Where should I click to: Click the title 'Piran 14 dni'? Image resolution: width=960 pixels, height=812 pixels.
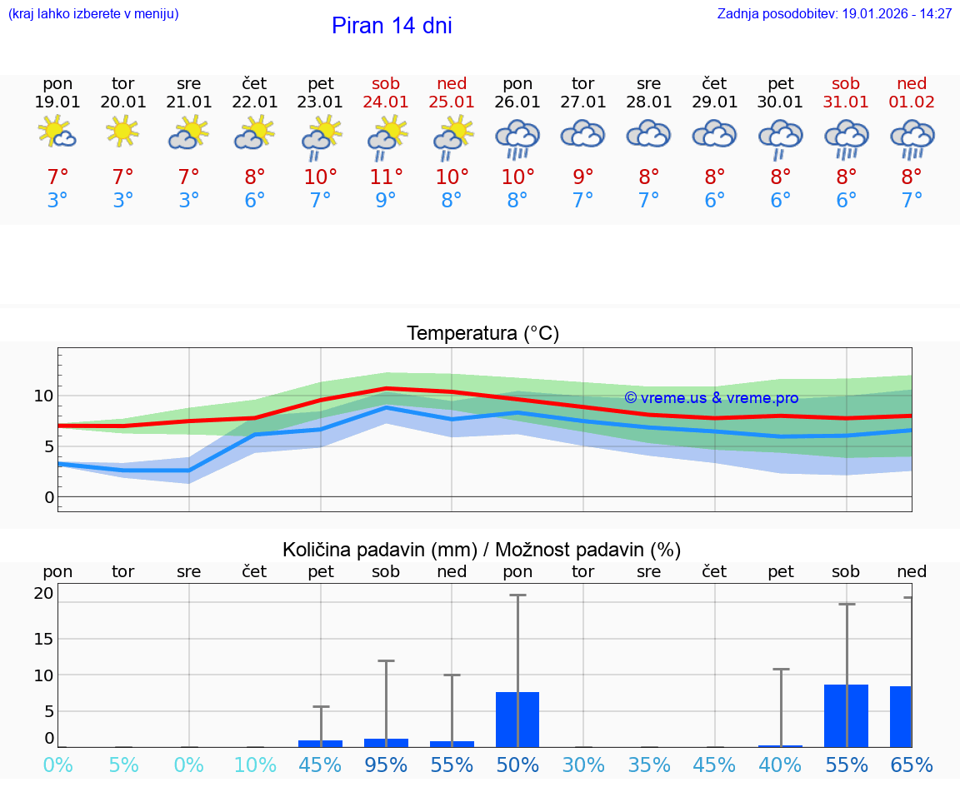pos(392,26)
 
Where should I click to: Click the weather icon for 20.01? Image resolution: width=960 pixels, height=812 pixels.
pos(123,132)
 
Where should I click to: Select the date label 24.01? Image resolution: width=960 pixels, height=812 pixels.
pos(386,102)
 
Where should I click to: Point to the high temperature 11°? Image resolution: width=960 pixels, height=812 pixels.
pos(386,177)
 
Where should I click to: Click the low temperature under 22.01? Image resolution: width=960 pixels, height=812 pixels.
pos(254,201)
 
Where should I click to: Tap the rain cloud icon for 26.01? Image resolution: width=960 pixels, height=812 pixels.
pos(517,137)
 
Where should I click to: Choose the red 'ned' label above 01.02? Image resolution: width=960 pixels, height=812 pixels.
pos(912,83)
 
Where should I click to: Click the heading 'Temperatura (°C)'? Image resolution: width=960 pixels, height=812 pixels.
pos(482,334)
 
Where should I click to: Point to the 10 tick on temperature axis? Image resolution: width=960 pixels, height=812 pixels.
pos(43,396)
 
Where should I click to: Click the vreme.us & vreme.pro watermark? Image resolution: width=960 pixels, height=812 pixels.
pos(711,398)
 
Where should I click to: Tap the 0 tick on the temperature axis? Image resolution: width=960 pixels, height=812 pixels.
pos(48,497)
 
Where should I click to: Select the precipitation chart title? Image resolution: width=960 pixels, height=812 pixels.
pos(482,550)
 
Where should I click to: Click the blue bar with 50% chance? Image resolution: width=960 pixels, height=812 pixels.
pos(517,720)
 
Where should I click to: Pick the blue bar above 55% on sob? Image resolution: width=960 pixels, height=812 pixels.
pos(846,715)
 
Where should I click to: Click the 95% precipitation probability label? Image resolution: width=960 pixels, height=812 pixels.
pos(386,765)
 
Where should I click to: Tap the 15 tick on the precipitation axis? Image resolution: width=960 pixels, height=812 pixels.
pos(43,639)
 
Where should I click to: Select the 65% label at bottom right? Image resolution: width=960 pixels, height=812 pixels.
pos(912,765)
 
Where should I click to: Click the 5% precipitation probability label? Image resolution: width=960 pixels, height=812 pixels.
pos(123,765)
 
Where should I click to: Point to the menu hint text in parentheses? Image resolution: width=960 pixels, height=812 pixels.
pos(93,14)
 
